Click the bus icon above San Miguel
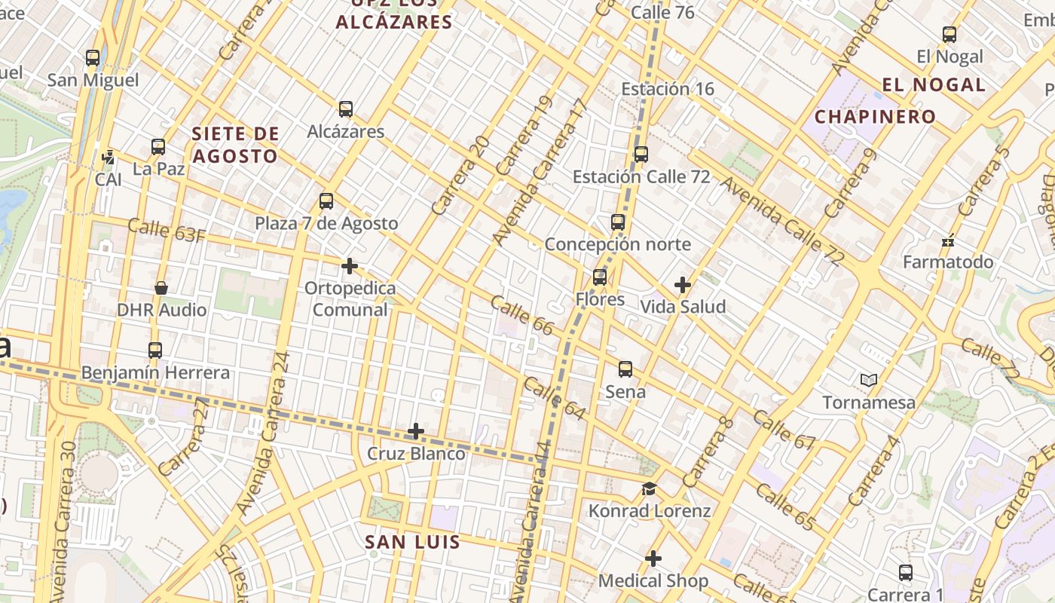(x=93, y=57)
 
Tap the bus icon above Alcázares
(x=346, y=109)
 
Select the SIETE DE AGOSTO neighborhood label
(x=235, y=145)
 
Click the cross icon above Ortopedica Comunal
(x=350, y=266)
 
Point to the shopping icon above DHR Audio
(x=161, y=288)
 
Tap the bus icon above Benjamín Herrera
(x=155, y=350)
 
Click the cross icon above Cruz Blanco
(x=416, y=432)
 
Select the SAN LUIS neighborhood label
(x=412, y=542)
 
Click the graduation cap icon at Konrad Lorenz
(x=649, y=489)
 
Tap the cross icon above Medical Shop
(x=653, y=559)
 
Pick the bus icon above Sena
(x=625, y=369)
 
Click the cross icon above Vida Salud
(x=683, y=285)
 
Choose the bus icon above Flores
(x=600, y=277)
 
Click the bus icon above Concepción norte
(x=618, y=222)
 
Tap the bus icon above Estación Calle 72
(x=641, y=155)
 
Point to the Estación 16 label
(x=667, y=89)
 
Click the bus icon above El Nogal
(x=949, y=35)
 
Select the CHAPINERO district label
(x=875, y=117)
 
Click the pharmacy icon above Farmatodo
(x=948, y=241)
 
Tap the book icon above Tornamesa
(x=869, y=381)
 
